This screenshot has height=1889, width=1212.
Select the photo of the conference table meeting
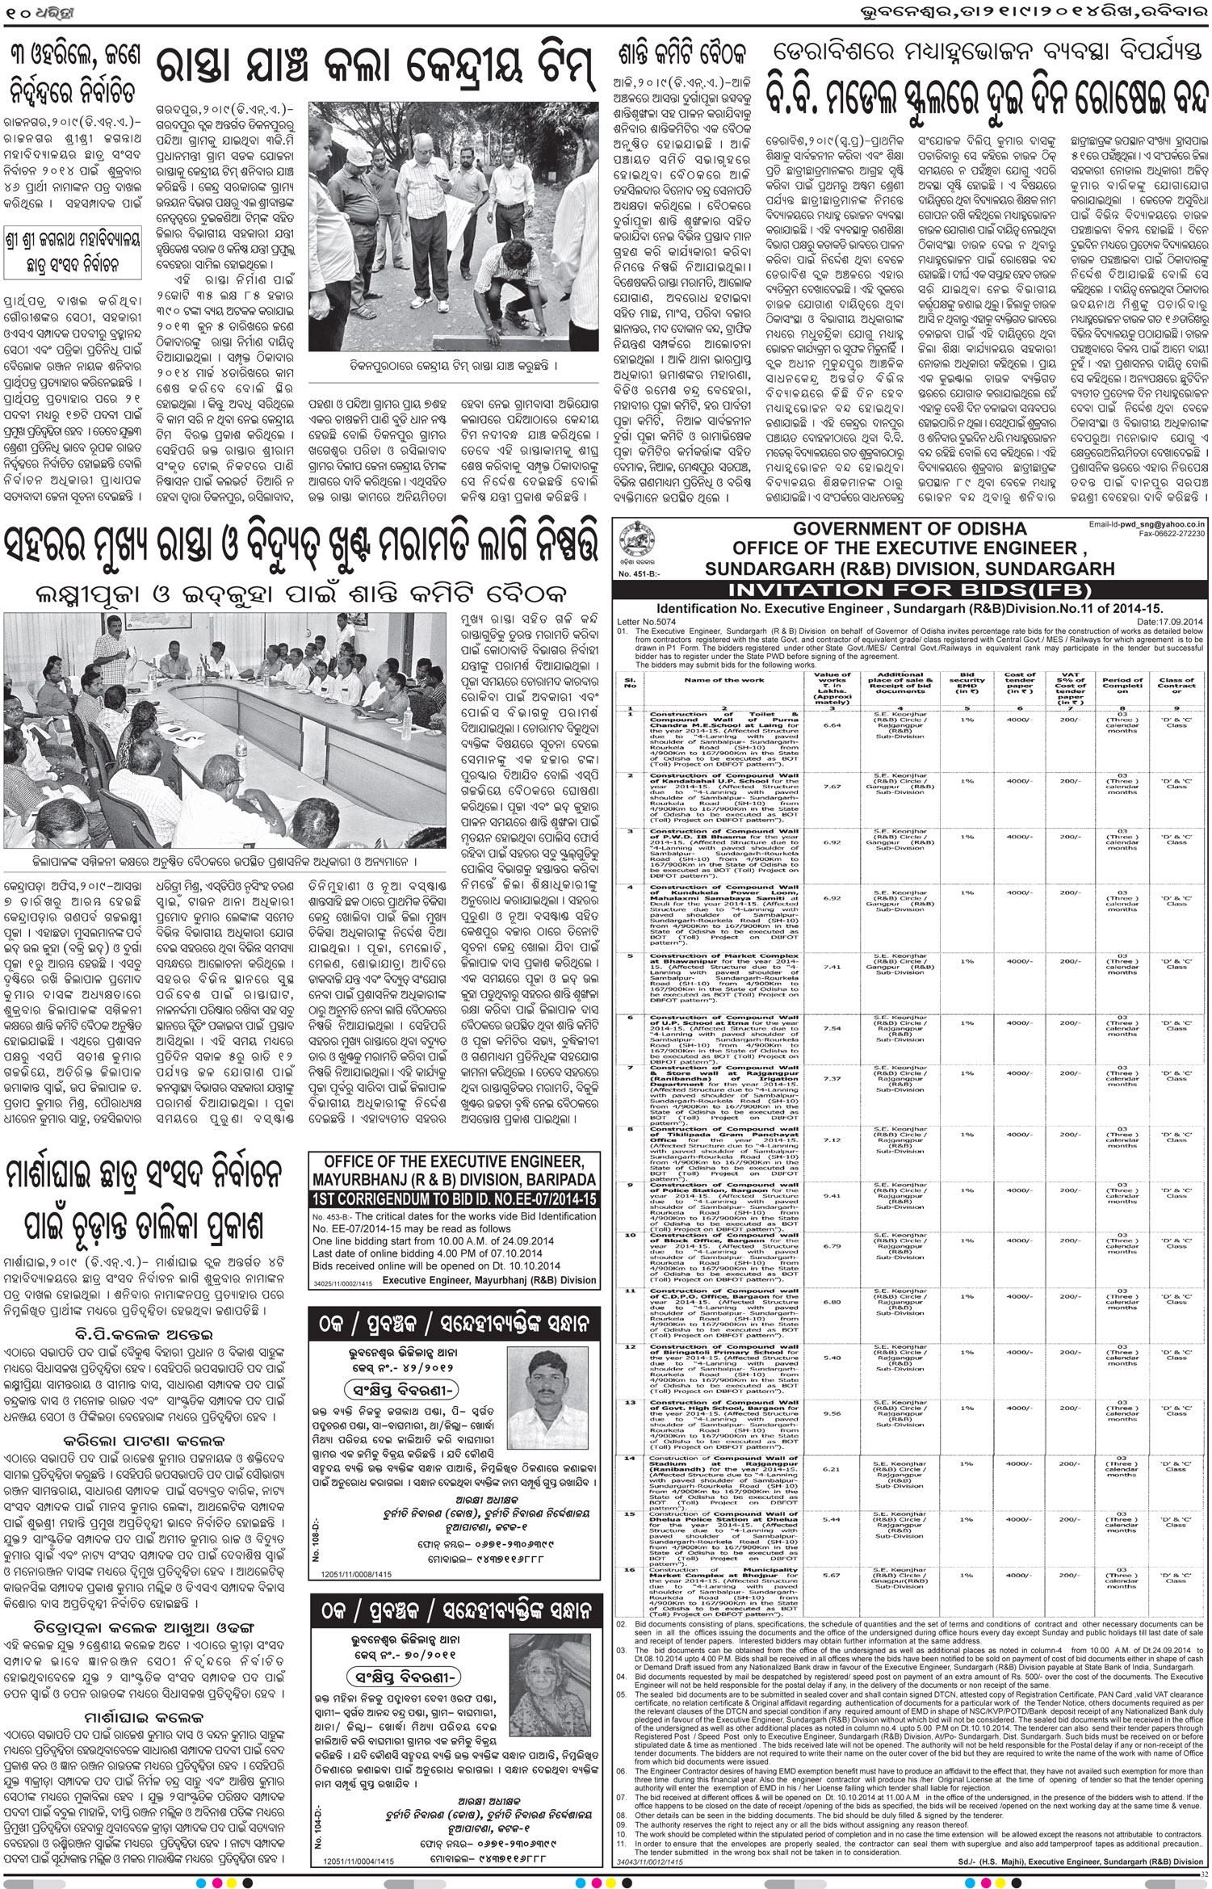click(x=222, y=725)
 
